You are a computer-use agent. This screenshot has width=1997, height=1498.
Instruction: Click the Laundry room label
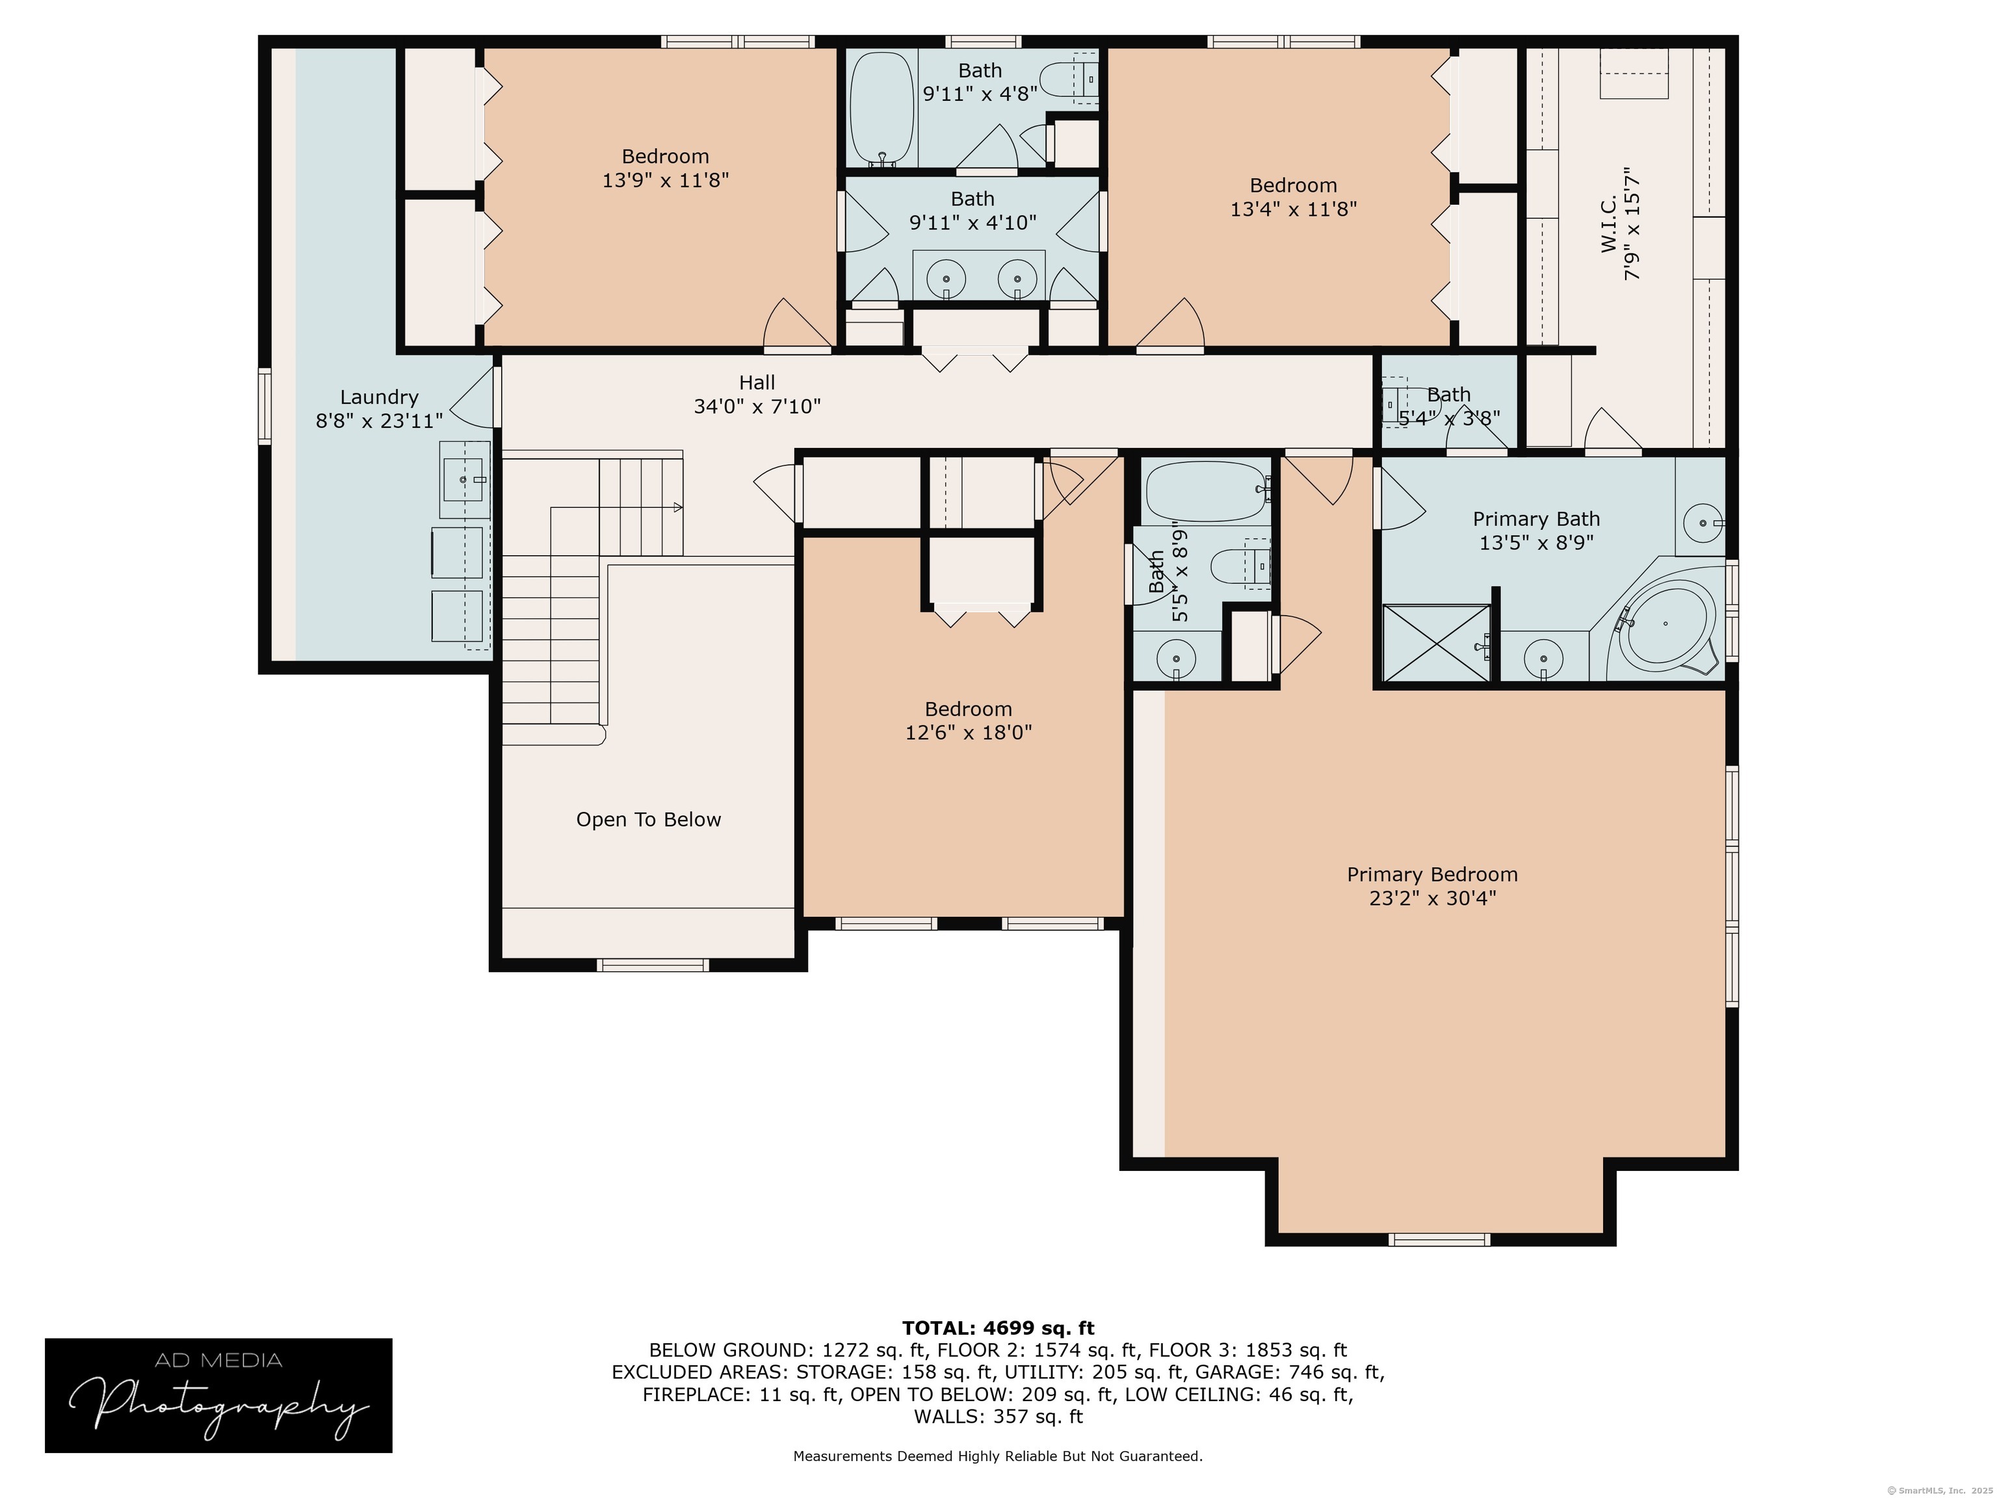[379, 397]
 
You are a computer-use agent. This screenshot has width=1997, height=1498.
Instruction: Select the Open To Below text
[648, 820]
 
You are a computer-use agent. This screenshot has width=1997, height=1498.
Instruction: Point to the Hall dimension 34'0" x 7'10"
[757, 406]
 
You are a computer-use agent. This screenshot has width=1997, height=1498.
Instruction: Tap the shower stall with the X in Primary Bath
[1437, 643]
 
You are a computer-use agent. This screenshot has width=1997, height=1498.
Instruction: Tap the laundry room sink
[465, 479]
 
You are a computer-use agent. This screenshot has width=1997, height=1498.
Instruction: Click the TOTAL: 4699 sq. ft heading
[998, 1328]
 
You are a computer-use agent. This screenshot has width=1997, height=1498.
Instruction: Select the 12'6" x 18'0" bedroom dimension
[968, 732]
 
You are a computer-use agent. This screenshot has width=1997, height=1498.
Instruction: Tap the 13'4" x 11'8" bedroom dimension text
[1293, 209]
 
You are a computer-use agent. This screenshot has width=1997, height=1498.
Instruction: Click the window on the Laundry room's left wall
[265, 406]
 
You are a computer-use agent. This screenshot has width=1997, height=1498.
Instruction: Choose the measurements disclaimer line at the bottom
[998, 1456]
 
